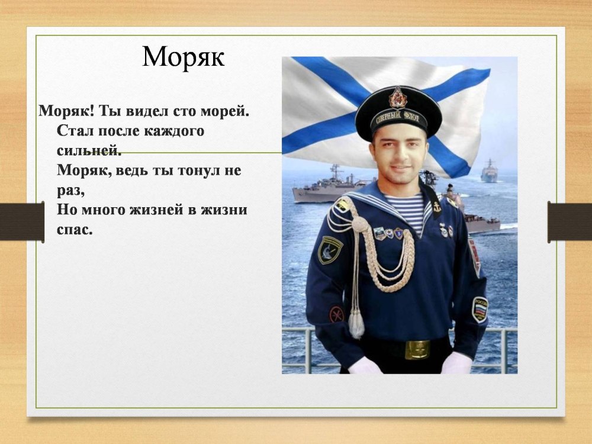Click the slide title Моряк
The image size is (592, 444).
(183, 57)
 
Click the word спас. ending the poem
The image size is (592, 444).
(75, 230)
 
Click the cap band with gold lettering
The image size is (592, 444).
(398, 120)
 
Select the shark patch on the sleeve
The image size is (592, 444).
(330, 250)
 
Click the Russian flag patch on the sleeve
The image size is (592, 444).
(480, 309)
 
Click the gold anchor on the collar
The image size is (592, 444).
(436, 206)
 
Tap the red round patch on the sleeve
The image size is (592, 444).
(336, 314)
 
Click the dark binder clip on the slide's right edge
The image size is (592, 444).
(570, 222)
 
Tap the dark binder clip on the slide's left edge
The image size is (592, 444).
(22, 221)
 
